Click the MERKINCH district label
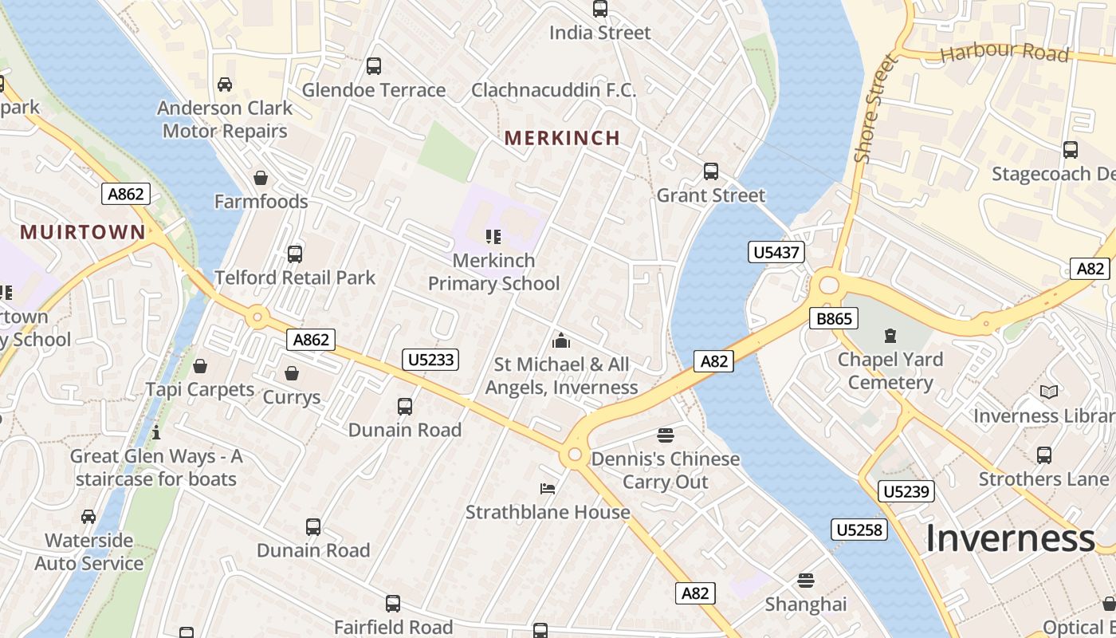click(562, 138)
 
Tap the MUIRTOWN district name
click(83, 232)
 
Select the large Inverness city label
click(1010, 539)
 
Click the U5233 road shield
click(430, 360)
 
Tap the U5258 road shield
click(860, 530)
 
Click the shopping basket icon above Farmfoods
click(260, 177)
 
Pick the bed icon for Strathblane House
click(547, 488)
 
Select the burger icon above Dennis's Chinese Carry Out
click(665, 435)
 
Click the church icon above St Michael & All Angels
click(561, 341)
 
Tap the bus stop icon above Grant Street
click(710, 171)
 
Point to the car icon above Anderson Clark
click(225, 84)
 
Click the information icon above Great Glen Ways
click(156, 433)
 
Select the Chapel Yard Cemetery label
click(890, 371)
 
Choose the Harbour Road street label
click(1004, 53)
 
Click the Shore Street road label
click(874, 108)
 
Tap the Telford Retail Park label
click(295, 278)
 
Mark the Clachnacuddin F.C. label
click(553, 90)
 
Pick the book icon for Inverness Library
click(1049, 392)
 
